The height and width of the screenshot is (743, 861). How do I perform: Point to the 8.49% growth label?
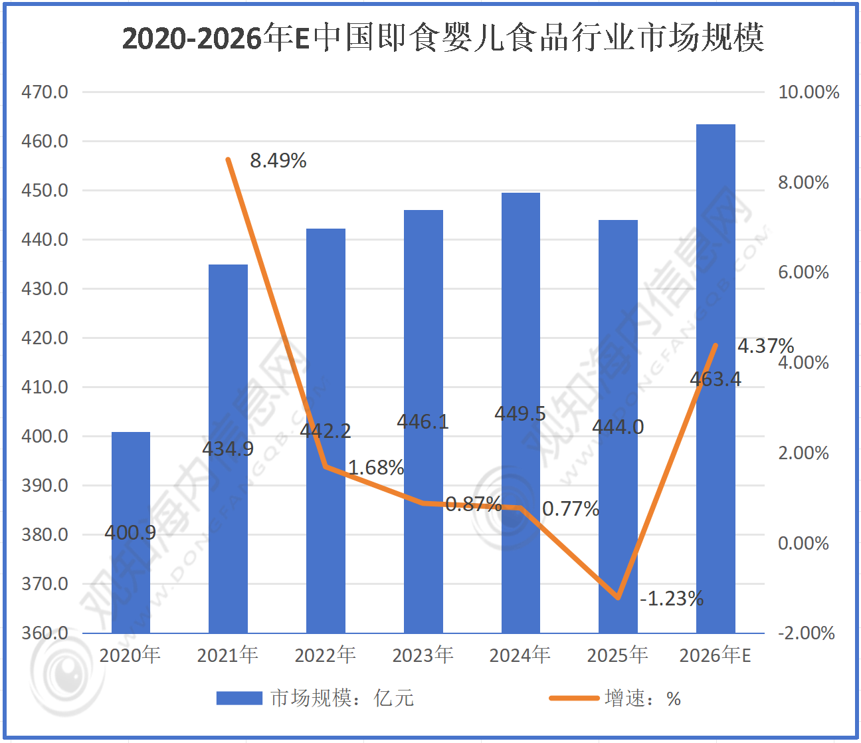(278, 161)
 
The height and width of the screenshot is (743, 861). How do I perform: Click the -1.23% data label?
(671, 599)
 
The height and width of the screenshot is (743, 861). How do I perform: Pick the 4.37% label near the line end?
(765, 346)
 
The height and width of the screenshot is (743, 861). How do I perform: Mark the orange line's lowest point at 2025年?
(619, 597)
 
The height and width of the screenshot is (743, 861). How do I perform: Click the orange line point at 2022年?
(326, 467)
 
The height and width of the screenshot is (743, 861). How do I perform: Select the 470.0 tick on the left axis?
(45, 92)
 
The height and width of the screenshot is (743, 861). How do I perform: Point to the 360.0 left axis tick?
(45, 633)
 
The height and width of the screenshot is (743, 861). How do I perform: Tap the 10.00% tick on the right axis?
(808, 92)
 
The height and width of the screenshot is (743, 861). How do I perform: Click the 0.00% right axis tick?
(803, 544)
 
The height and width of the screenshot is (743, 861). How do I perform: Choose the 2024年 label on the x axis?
(520, 655)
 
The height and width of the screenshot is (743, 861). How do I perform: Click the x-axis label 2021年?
(228, 655)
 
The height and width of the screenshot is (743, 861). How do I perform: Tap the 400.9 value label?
(130, 532)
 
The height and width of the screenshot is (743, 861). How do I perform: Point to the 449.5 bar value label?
(520, 413)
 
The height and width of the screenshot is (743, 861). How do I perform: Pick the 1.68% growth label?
(375, 468)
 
